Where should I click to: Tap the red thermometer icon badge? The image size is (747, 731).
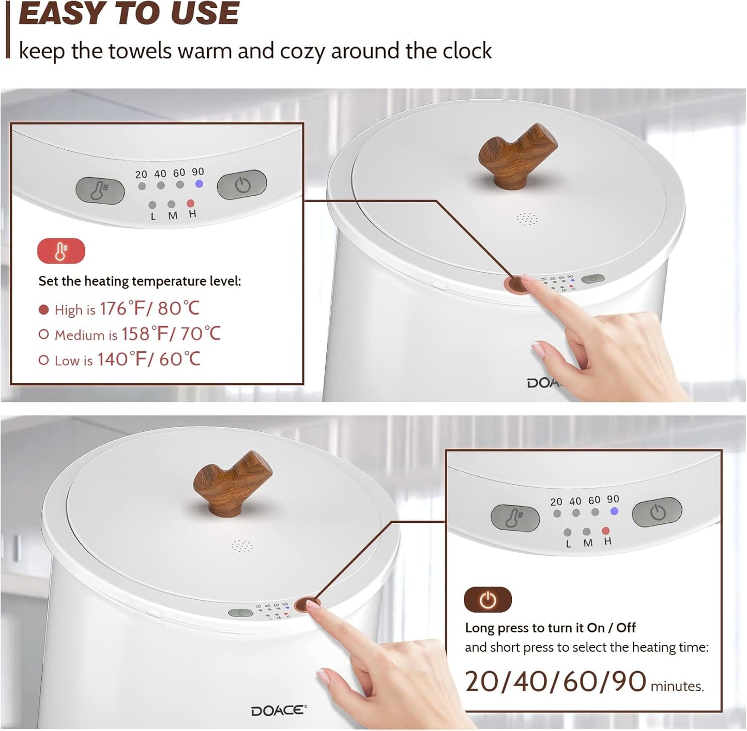(x=61, y=251)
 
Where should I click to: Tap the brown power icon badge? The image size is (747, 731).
(x=487, y=600)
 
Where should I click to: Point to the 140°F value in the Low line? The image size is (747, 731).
(x=120, y=359)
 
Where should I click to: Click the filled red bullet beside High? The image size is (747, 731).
(x=44, y=310)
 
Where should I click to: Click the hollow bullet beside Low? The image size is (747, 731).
(x=44, y=360)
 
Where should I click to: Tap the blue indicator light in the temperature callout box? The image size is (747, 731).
(x=199, y=184)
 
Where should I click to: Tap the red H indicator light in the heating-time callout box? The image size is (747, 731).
(x=605, y=531)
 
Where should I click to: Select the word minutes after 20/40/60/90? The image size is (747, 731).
(x=677, y=687)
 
